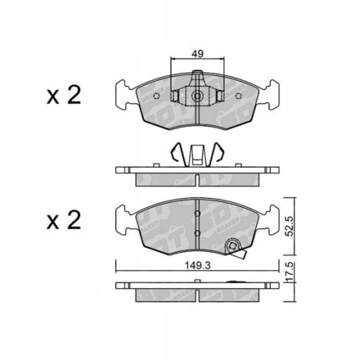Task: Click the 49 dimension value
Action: (197, 52)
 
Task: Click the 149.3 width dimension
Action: (197, 264)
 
